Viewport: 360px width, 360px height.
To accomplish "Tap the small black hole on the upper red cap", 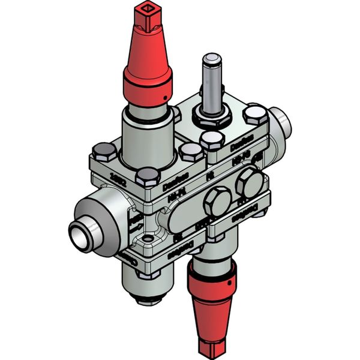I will pyautogui.click(x=163, y=98).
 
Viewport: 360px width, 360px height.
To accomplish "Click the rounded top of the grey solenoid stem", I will pyautogui.click(x=211, y=59).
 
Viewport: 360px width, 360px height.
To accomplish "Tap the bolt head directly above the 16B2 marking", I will pyautogui.click(x=103, y=151).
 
